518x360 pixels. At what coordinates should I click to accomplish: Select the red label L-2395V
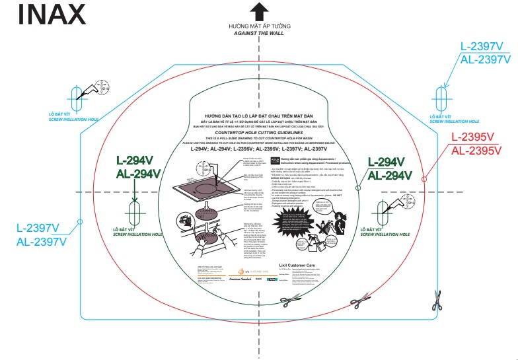point(472,137)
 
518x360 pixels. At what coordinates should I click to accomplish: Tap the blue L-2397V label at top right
point(485,46)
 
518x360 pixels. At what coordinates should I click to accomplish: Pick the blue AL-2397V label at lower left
point(42,241)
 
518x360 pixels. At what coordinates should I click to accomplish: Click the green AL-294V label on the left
point(137,174)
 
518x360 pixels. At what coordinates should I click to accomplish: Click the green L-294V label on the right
point(394,162)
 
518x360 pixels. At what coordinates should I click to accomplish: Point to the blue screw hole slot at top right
point(440,98)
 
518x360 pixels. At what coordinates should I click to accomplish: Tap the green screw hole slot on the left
point(135,211)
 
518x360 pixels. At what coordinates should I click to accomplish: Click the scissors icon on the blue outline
point(437,301)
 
